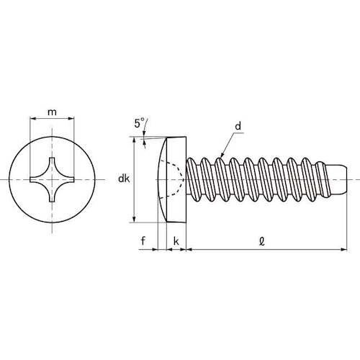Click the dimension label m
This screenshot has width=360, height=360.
coord(51,111)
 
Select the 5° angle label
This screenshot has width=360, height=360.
coord(138,123)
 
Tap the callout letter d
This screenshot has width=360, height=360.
coord(236,127)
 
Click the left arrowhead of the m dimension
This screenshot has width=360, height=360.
coord(31,120)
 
